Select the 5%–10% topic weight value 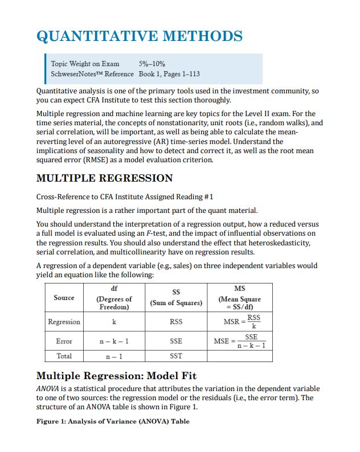click(x=152, y=64)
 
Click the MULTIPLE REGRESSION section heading click(x=104, y=178)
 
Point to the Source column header click(x=64, y=298)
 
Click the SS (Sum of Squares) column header click(x=176, y=298)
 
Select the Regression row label click(x=64, y=322)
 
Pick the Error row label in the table click(x=64, y=342)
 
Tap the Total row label click(x=64, y=356)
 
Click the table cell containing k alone click(x=114, y=322)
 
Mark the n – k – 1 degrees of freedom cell click(x=114, y=342)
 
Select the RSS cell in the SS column click(x=176, y=322)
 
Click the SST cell click(x=176, y=356)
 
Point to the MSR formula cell click(x=240, y=322)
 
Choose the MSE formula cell click(x=240, y=342)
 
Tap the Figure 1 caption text click(x=113, y=421)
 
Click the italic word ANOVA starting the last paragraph click(x=48, y=388)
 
